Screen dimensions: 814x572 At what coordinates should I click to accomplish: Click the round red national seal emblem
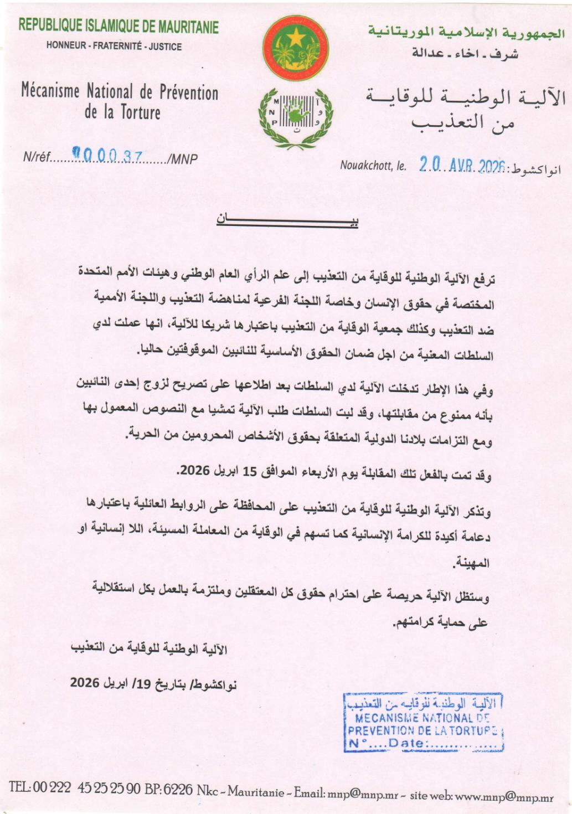[295, 48]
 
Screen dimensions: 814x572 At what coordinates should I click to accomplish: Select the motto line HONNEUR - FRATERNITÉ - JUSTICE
[114, 47]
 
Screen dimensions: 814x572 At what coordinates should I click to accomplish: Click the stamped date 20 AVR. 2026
[462, 164]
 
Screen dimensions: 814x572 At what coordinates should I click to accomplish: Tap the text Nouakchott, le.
[373, 166]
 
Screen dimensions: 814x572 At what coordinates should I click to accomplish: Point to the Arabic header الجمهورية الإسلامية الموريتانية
[466, 32]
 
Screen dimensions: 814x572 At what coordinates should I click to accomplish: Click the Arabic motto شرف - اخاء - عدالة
[465, 54]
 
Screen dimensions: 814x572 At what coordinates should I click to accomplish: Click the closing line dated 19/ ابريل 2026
[153, 683]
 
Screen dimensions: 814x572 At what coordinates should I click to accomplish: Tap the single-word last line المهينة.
[472, 563]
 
